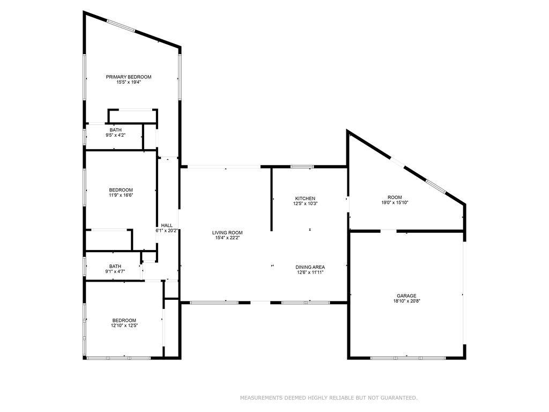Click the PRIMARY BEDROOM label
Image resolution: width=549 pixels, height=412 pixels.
129,77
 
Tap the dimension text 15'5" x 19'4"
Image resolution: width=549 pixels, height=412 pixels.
129,82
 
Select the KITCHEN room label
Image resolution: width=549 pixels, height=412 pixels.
305,198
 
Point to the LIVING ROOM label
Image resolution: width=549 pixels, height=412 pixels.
227,233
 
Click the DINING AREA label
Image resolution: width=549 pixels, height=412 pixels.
310,267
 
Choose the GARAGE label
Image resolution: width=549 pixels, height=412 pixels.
406,296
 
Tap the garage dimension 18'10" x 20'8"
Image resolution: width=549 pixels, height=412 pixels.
406,301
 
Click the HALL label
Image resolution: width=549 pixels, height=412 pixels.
167,225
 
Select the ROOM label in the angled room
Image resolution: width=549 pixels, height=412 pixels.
395,197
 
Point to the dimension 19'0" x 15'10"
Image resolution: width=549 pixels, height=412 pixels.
395,202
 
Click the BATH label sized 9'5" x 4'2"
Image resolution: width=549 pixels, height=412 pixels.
116,130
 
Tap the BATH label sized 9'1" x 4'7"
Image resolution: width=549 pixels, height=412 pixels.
115,266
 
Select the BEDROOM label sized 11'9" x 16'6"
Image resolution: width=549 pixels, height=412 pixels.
121,190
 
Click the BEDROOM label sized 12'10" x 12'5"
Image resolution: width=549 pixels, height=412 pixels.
124,320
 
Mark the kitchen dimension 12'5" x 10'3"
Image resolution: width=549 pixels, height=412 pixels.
305,203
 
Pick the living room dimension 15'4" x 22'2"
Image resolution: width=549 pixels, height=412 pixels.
227,238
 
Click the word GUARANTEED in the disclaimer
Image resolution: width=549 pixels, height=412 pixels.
399,398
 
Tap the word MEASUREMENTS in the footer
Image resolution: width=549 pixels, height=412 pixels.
261,398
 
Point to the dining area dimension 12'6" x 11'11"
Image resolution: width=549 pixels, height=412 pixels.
310,272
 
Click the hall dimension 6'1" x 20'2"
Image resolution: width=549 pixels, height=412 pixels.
167,231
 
